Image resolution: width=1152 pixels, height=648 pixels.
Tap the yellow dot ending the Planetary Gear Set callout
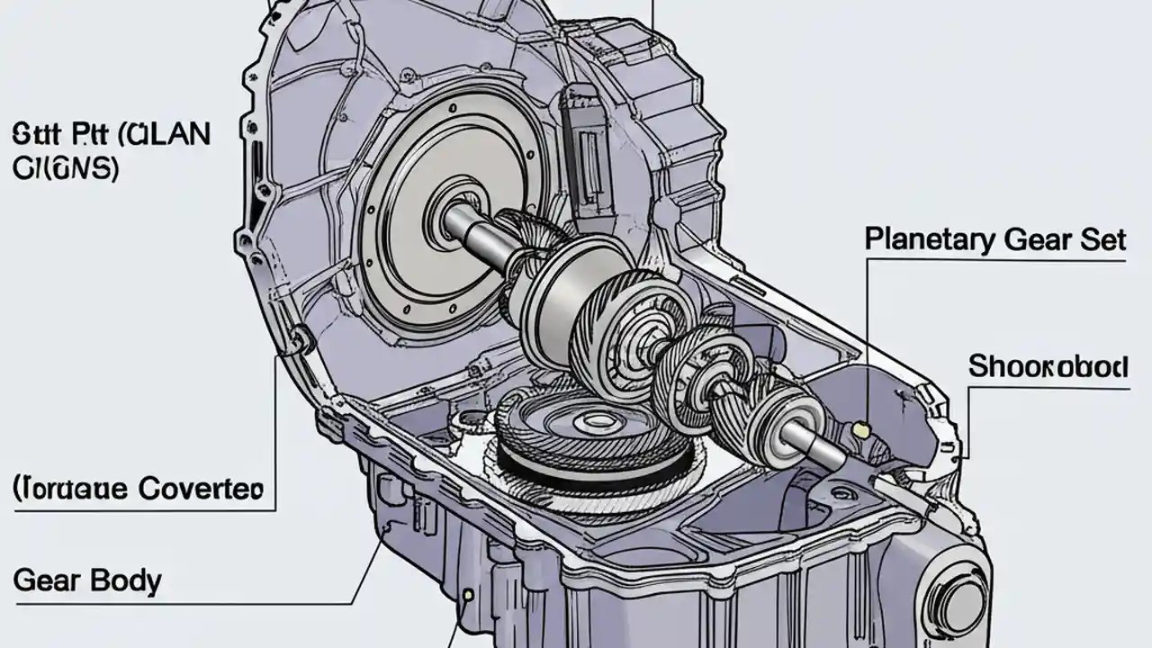click(861, 431)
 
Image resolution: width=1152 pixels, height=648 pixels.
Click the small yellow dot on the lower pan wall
click(468, 595)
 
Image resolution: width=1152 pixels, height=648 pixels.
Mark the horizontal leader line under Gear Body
click(180, 603)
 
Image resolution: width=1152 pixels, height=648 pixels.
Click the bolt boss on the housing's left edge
click(299, 339)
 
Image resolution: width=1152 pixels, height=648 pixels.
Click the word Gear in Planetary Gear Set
click(1031, 239)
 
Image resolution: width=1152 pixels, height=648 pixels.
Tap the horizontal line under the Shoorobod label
click(1048, 389)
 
